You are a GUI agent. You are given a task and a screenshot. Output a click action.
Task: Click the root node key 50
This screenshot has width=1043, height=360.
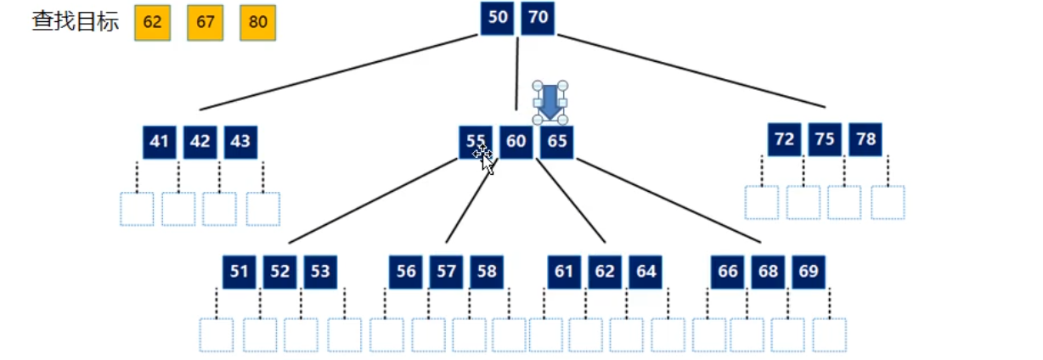pos(498,19)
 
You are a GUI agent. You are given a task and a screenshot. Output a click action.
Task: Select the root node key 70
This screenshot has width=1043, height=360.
pos(538,19)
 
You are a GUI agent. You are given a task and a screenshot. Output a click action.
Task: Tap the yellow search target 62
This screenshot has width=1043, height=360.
pos(153,22)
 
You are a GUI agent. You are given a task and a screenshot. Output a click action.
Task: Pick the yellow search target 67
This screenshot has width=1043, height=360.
pos(206,22)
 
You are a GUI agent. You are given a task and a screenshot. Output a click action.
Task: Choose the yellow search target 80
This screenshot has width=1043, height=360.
pos(258,22)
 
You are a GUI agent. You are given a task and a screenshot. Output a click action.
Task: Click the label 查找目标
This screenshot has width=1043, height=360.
pos(76,21)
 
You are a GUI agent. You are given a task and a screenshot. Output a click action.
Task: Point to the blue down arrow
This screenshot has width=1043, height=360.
pos(550,101)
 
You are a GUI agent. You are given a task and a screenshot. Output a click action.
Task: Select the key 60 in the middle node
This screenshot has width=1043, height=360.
pos(516,142)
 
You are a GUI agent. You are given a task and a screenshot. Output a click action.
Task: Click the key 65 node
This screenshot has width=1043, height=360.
pos(557,142)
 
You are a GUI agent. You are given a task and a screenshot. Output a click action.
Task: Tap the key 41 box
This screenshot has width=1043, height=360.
pos(160,142)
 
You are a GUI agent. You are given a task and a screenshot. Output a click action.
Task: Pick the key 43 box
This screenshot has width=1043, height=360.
pos(240,142)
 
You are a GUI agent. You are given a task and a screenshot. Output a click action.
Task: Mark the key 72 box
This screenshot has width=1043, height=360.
pos(784,139)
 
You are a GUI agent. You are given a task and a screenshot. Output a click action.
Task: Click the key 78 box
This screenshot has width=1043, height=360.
pos(865,139)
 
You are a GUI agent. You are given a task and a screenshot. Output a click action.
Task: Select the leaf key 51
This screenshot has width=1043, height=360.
pos(240,272)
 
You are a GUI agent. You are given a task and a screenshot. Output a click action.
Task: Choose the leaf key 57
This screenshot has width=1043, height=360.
pos(446,272)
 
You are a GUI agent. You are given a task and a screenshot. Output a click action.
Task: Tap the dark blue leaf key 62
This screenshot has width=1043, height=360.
pos(605,272)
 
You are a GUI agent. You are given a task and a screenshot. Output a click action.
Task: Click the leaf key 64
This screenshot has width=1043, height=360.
pos(646,272)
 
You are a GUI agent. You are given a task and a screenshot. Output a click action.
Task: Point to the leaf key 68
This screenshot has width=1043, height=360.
pos(768,272)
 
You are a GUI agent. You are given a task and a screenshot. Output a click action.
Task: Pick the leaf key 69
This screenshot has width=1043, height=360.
pos(809,272)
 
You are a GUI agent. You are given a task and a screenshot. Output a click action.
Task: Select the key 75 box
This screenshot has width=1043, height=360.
pos(825,139)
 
